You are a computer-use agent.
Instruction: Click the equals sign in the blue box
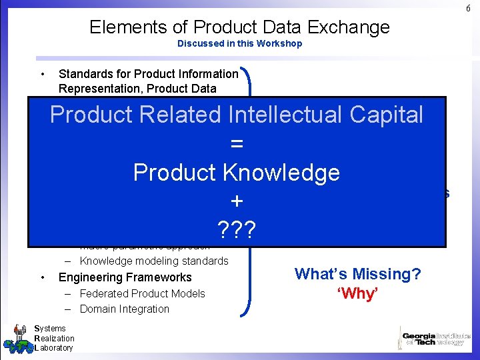(237, 144)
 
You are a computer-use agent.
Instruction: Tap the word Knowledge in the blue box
(280, 173)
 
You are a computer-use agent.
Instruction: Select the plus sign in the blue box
(237, 201)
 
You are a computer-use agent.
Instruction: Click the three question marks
(237, 230)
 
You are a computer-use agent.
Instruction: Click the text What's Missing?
(357, 274)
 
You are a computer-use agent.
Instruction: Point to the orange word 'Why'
(358, 294)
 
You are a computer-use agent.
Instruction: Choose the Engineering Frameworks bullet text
(125, 277)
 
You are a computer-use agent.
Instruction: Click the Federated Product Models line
(142, 293)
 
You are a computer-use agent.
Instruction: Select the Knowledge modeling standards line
(154, 261)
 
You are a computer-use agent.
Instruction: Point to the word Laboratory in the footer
(55, 348)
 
